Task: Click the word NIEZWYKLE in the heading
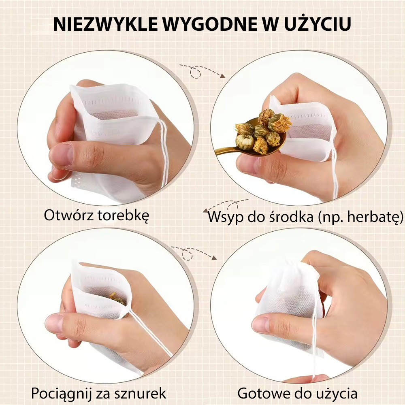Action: (105, 24)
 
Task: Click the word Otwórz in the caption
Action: (68, 215)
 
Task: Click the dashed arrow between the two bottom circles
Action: (194, 253)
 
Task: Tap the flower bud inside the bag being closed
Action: (118, 298)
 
